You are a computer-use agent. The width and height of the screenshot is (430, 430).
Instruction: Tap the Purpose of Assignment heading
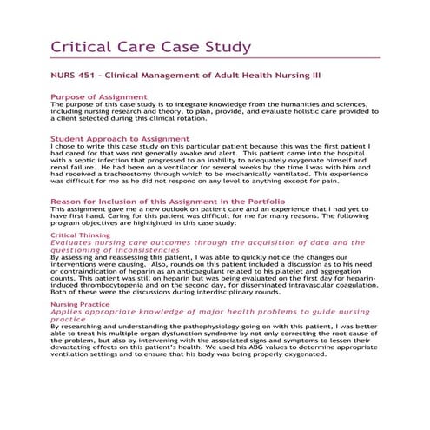pos(99,96)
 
